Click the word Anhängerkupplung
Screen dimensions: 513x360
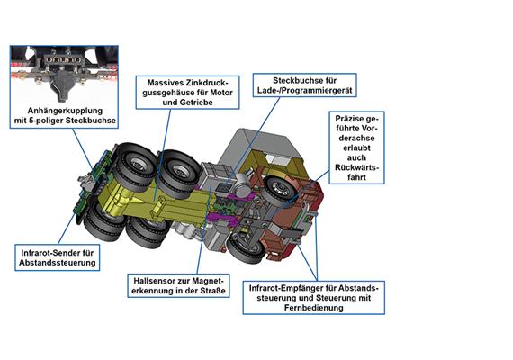(x=65, y=111)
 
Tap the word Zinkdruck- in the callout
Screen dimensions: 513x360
(x=207, y=83)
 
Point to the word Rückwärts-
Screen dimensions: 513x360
(x=356, y=167)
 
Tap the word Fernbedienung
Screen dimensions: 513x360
(x=314, y=308)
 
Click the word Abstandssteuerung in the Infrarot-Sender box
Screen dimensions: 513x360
(x=58, y=263)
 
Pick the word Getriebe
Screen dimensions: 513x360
(x=197, y=103)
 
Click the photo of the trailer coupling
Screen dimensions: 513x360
(x=64, y=75)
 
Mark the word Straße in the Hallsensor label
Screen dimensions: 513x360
(x=214, y=291)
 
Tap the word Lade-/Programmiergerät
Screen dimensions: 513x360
(x=304, y=90)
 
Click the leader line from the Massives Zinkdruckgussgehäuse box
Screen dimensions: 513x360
(x=162, y=155)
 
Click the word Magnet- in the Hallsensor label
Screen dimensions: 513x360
(x=207, y=281)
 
